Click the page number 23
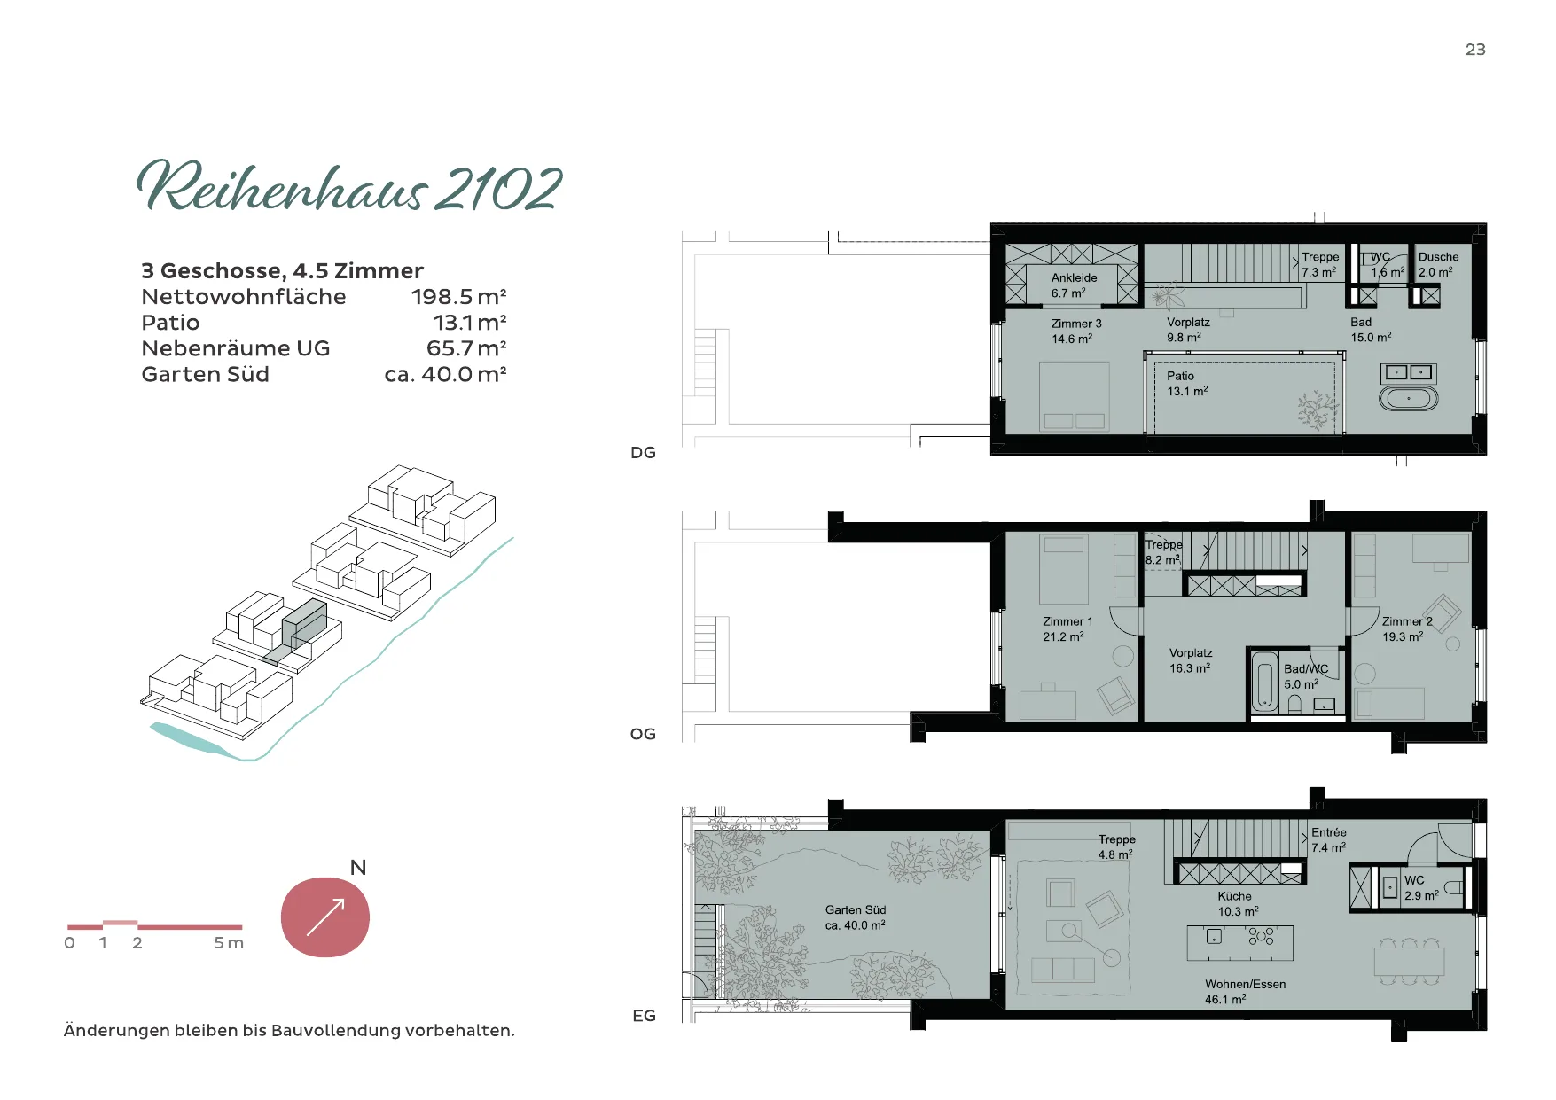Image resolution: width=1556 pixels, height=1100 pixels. [1475, 50]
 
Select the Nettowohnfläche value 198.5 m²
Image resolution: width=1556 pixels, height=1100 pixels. [458, 296]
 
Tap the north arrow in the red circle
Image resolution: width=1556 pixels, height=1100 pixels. [325, 917]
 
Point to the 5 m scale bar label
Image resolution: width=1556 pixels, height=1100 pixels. [228, 943]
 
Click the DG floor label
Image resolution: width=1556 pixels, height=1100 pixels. [643, 453]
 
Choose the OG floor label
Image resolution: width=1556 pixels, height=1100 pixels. [643, 734]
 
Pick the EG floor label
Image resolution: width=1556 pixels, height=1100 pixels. [644, 1016]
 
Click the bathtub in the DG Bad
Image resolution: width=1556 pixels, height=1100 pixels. [1408, 399]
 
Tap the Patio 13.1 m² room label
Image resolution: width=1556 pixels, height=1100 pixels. [1187, 384]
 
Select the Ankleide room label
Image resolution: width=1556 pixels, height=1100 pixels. [1074, 277]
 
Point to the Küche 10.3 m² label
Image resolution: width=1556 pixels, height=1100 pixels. [1238, 904]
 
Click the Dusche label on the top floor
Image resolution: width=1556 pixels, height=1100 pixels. [1438, 257]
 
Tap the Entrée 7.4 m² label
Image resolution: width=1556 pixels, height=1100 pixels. [1329, 840]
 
